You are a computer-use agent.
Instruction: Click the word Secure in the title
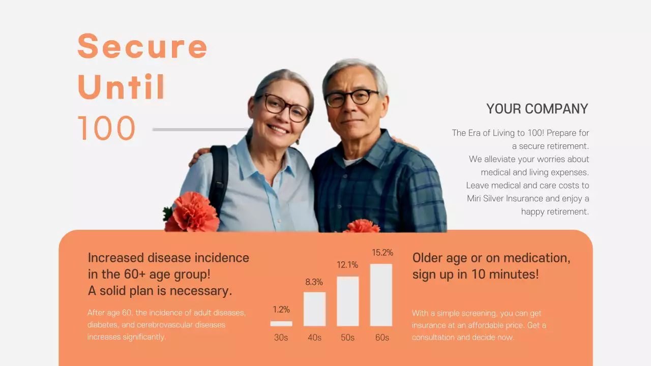pyautogui.click(x=142, y=46)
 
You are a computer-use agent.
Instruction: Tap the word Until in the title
pyautogui.click(x=122, y=87)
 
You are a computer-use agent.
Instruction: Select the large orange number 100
pyautogui.click(x=107, y=128)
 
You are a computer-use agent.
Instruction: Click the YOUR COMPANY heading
pyautogui.click(x=537, y=109)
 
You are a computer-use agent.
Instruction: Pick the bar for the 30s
pyautogui.click(x=281, y=323)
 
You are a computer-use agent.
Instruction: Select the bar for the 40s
pyautogui.click(x=314, y=309)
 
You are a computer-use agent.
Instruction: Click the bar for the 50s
pyautogui.click(x=348, y=301)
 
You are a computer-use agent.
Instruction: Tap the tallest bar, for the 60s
pyautogui.click(x=381, y=295)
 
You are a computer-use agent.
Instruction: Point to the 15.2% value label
pyautogui.click(x=382, y=253)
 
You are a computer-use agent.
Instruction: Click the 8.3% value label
pyautogui.click(x=314, y=282)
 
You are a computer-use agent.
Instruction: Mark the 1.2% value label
pyautogui.click(x=281, y=309)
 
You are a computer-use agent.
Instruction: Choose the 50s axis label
pyautogui.click(x=348, y=338)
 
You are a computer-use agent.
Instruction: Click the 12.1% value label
pyautogui.click(x=348, y=265)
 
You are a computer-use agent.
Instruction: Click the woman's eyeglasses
pyautogui.click(x=286, y=107)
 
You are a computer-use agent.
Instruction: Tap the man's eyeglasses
pyautogui.click(x=351, y=98)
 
